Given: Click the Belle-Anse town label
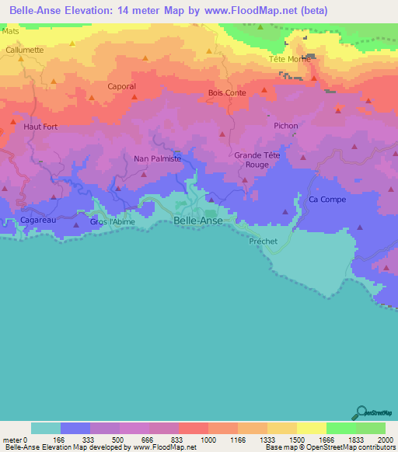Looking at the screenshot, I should click(x=198, y=221).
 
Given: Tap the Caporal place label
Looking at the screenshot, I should click(x=121, y=86).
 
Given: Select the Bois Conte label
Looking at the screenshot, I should click(x=227, y=92).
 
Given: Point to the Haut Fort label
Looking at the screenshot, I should click(x=40, y=126).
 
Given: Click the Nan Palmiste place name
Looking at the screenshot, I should click(x=158, y=158).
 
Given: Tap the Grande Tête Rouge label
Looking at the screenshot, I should click(x=257, y=160).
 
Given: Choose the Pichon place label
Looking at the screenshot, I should click(x=285, y=126).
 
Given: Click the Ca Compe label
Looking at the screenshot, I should click(x=327, y=200).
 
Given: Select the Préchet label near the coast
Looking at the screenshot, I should click(x=263, y=242).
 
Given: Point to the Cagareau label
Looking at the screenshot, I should click(x=38, y=221).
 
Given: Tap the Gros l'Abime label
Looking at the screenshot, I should click(x=112, y=222).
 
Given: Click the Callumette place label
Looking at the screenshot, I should click(x=25, y=49).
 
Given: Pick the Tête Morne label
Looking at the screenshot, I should click(x=288, y=59).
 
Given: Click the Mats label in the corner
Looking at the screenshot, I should click(x=10, y=32).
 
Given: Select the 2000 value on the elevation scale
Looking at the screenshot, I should click(x=386, y=440).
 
